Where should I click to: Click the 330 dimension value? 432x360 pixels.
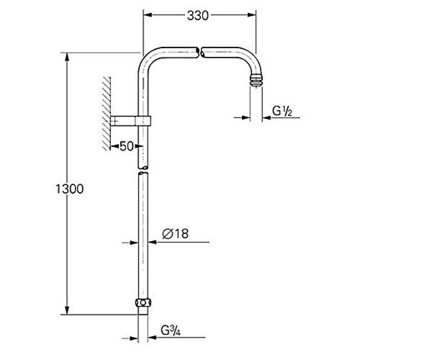click(198, 15)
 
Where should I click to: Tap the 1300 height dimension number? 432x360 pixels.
click(69, 189)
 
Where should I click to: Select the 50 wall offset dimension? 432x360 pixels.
click(126, 146)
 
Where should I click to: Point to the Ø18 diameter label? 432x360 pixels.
click(175, 234)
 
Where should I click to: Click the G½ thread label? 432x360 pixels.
click(282, 111)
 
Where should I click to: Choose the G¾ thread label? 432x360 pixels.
click(171, 330)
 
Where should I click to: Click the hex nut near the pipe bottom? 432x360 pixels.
click(143, 303)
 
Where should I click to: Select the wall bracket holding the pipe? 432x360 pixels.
click(131, 121)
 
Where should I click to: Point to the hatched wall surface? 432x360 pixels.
click(106, 114)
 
